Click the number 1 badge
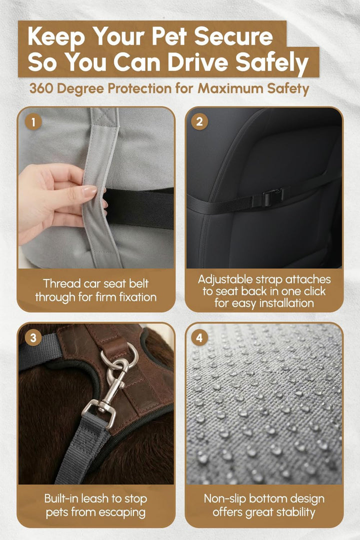click(x=33, y=122)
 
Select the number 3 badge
click(x=33, y=338)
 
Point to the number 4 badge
click(x=199, y=338)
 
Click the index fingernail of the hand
click(x=89, y=191)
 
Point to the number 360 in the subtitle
click(x=41, y=88)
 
